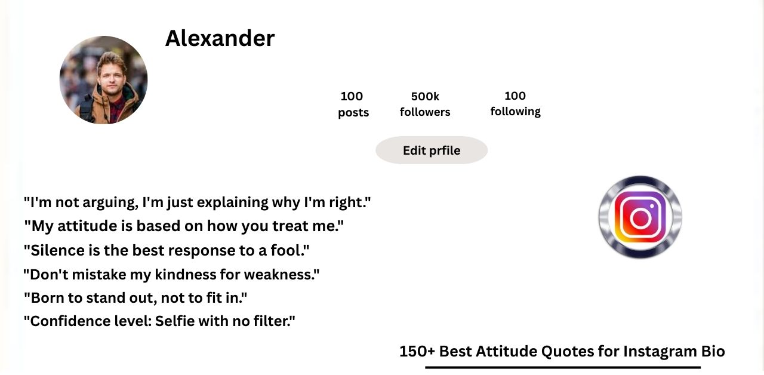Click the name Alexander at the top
point(220,38)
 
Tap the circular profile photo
point(104,80)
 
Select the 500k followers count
point(425,96)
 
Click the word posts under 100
point(353,113)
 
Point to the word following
point(515,112)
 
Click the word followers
point(425,112)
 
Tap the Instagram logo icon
point(640,217)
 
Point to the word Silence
point(58,250)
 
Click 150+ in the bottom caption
point(417,352)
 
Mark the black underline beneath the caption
point(563,367)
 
